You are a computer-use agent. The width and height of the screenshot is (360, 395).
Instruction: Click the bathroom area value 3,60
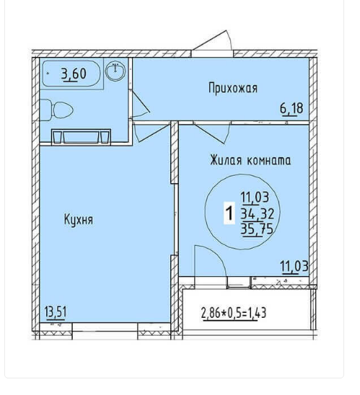point(74,74)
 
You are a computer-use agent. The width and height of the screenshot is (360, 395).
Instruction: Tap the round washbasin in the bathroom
point(115,71)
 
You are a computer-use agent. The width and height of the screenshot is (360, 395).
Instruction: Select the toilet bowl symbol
point(57,110)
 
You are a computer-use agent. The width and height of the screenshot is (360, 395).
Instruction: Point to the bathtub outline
point(71,74)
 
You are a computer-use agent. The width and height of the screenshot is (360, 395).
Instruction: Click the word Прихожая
point(233,89)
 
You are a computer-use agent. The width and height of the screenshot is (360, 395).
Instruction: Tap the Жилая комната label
point(250,161)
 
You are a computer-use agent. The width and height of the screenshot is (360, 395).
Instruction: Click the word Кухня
point(79,220)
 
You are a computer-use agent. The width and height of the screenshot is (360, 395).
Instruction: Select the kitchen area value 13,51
point(56,313)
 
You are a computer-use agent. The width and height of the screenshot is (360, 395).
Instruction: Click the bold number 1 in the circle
point(229,213)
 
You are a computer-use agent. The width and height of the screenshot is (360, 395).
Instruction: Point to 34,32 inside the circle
point(257,214)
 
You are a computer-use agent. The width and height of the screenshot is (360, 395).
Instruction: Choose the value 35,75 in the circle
point(257,229)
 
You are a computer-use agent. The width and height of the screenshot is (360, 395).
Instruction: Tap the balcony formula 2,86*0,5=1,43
point(234,314)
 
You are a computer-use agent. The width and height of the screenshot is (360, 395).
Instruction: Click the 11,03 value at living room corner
point(294,267)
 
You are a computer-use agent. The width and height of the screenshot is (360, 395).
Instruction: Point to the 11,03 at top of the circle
point(255,197)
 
